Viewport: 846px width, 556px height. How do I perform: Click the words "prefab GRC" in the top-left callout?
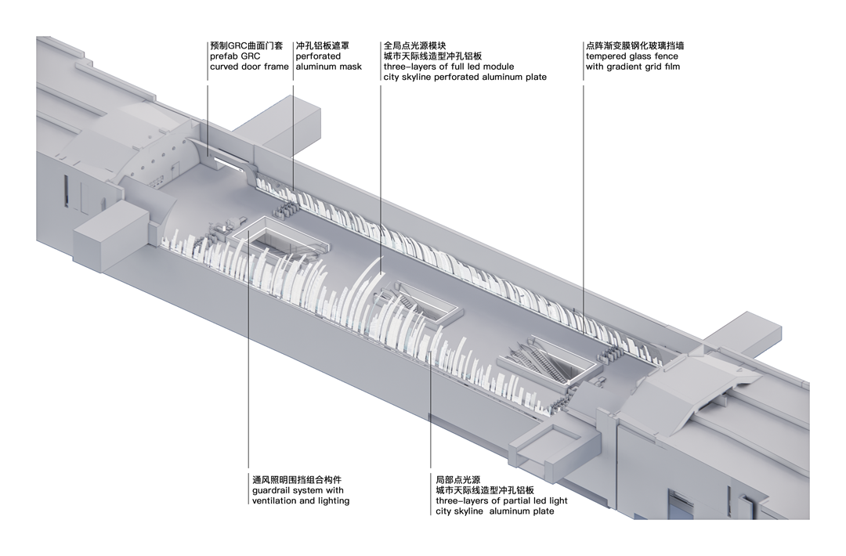pyautogui.click(x=234, y=56)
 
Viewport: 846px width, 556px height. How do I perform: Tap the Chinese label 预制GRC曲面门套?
pyautogui.click(x=248, y=46)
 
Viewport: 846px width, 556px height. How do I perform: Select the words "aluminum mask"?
pyautogui.click(x=329, y=67)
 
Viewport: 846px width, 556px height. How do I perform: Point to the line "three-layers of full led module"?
pyautogui.click(x=449, y=67)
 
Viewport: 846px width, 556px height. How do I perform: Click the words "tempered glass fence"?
pyautogui.click(x=631, y=56)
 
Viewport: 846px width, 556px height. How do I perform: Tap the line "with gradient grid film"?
pyautogui.click(x=633, y=67)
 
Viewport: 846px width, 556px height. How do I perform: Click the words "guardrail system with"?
pyautogui.click(x=298, y=490)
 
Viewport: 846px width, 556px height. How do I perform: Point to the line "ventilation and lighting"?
pyautogui.click(x=301, y=500)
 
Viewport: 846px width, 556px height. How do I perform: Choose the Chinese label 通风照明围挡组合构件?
pyautogui.click(x=297, y=479)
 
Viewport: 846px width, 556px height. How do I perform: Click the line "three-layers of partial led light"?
pyautogui.click(x=502, y=500)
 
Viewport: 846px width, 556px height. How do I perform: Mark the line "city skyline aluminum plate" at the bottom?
pyautogui.click(x=495, y=511)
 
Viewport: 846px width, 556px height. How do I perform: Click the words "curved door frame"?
pyautogui.click(x=249, y=67)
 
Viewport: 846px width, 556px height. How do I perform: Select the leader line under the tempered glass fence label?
pyautogui.click(x=584, y=196)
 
